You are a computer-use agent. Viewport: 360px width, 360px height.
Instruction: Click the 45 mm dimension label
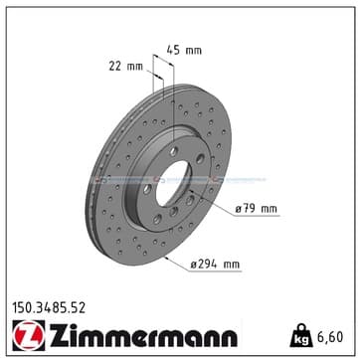[x=184, y=51]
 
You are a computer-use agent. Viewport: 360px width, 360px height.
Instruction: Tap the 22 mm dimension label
[x=126, y=67]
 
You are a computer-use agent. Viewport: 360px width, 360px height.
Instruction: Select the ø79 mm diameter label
[x=256, y=209]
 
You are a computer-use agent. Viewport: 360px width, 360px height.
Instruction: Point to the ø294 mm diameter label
[x=215, y=265]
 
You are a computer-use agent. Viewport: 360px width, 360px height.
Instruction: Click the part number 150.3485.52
[x=49, y=308]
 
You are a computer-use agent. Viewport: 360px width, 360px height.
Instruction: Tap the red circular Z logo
[x=29, y=336]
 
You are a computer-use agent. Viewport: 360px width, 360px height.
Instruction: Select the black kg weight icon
[x=301, y=335]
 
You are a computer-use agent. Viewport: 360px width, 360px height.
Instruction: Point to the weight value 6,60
[x=330, y=337]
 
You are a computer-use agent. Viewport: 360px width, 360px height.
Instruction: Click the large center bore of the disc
[x=173, y=183]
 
